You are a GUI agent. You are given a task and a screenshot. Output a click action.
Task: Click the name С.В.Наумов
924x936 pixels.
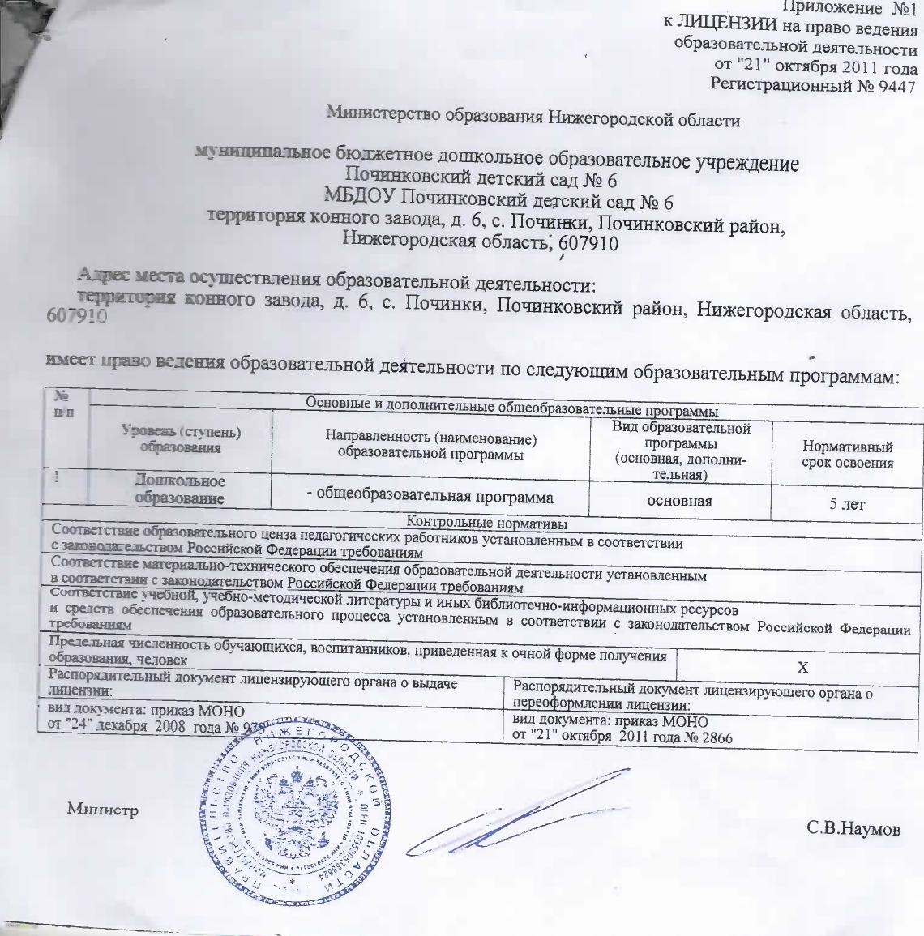[x=853, y=828]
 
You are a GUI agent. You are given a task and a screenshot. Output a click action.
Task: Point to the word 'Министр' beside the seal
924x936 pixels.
[x=103, y=809]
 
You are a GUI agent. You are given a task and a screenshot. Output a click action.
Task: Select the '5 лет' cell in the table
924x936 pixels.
[x=847, y=504]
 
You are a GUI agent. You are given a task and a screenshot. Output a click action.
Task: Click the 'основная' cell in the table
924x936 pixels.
[x=679, y=501]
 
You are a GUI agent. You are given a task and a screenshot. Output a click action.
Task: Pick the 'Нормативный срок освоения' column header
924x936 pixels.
[x=847, y=455]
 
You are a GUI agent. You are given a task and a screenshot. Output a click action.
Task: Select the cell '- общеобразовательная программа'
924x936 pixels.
[x=430, y=497]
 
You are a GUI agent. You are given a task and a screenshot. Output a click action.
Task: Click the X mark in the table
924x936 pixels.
[x=802, y=667]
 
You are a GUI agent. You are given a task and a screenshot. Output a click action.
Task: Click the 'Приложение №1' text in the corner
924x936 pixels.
[x=859, y=8]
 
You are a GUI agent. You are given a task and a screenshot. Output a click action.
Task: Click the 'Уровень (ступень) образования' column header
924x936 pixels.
[x=180, y=439]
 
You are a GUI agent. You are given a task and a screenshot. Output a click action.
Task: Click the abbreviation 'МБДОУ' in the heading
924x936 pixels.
[x=361, y=197]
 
